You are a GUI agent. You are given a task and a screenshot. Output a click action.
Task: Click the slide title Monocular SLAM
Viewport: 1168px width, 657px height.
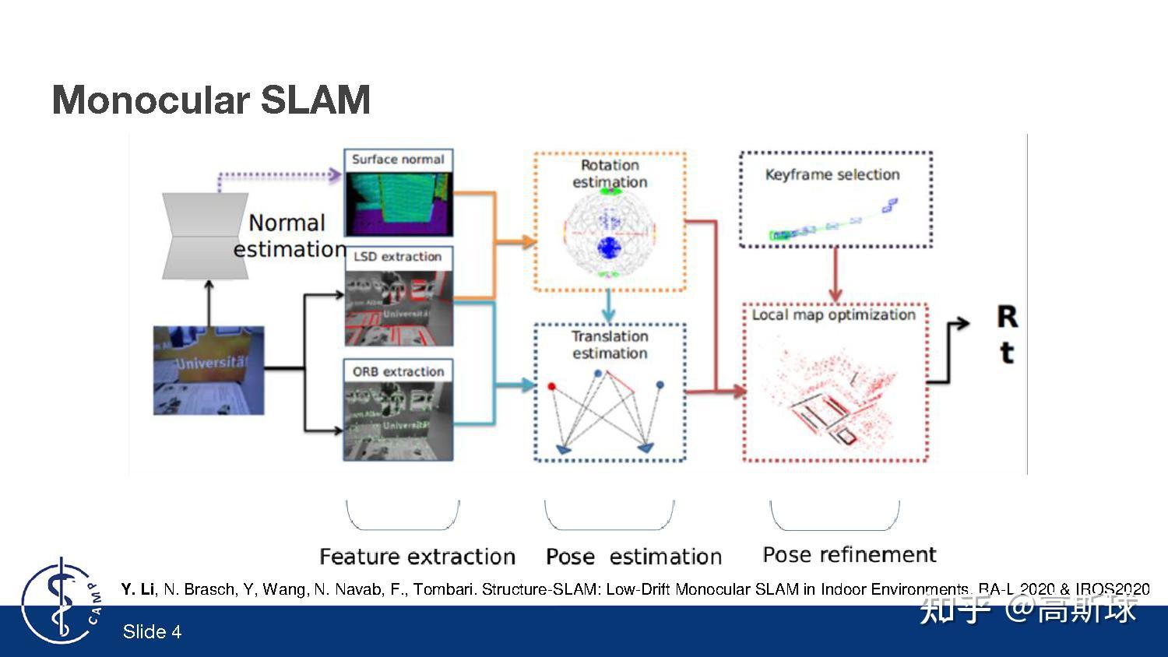point(211,100)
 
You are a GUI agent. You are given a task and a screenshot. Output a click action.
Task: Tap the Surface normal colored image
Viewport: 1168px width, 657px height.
point(398,203)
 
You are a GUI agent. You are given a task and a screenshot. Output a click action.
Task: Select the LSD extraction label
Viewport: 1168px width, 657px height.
point(397,257)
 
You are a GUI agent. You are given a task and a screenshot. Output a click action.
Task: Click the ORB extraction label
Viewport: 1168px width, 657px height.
point(398,371)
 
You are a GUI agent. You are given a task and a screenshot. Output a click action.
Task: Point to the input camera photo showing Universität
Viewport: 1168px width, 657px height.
point(209,370)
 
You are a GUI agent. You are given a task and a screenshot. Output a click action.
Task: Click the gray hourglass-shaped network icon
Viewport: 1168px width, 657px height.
point(205,236)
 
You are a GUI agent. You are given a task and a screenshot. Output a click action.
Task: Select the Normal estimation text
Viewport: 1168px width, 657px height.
point(288,236)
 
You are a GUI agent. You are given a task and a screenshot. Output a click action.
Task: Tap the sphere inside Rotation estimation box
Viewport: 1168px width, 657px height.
point(609,233)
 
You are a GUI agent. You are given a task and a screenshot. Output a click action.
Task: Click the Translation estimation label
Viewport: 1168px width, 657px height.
point(610,345)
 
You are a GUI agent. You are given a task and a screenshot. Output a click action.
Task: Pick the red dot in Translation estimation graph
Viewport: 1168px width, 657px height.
point(552,386)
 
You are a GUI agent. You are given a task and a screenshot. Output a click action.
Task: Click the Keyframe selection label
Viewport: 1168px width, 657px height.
point(832,174)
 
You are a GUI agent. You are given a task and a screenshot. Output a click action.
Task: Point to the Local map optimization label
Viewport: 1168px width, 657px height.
point(833,314)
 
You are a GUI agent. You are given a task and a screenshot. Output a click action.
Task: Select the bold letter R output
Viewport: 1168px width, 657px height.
point(1007,317)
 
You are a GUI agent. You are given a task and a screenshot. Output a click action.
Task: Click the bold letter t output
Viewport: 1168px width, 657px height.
point(1006,353)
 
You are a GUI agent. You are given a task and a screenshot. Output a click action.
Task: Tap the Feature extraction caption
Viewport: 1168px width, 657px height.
point(417,557)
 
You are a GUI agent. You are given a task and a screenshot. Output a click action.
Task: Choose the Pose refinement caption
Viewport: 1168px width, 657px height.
point(849,554)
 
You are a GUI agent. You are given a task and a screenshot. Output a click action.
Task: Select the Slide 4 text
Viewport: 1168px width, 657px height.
point(152,631)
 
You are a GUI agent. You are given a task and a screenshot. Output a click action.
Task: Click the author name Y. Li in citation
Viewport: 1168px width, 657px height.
point(137,589)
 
